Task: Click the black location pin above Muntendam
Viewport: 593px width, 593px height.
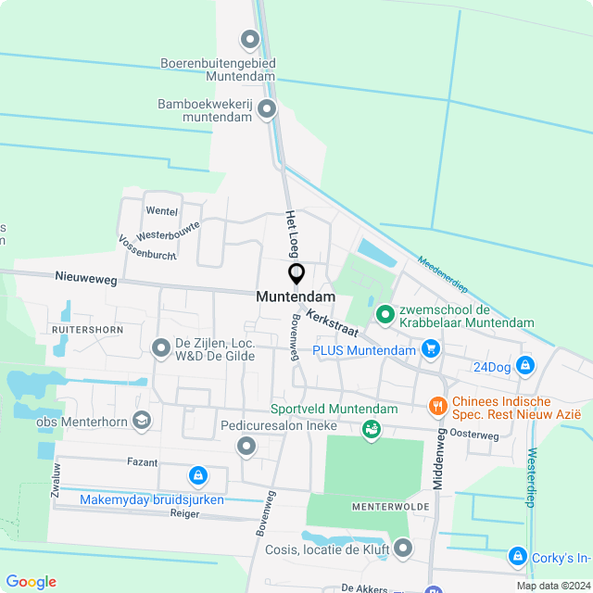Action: (296, 274)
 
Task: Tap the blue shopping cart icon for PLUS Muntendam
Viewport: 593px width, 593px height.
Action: (430, 349)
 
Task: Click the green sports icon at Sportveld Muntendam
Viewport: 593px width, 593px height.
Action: (371, 428)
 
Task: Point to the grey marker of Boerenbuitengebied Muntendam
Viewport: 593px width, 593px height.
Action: (249, 40)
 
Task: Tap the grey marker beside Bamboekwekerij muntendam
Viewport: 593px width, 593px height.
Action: (267, 109)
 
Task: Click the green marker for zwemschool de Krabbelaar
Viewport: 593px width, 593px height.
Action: (385, 316)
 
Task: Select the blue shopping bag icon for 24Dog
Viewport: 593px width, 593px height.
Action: (526, 366)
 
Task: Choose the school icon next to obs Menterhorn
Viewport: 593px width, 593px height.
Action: (142, 422)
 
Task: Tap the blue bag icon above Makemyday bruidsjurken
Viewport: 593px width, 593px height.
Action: (197, 476)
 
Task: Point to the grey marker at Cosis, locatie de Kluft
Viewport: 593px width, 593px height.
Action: (402, 549)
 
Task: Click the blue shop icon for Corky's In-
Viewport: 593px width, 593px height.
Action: (517, 557)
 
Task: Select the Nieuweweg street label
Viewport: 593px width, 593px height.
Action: (87, 276)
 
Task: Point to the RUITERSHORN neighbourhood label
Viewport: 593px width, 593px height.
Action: (88, 329)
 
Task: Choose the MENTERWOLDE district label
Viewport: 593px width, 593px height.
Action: (390, 508)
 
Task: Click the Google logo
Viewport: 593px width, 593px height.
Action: (31, 582)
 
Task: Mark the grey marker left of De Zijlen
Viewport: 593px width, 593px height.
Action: (160, 347)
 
